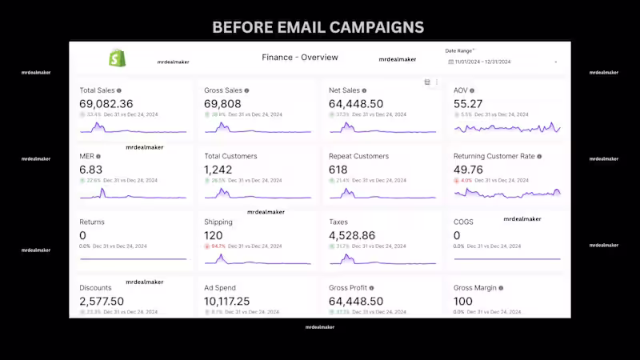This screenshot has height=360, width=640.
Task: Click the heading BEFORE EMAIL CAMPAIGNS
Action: (x=318, y=27)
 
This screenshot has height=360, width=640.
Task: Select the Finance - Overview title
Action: (x=300, y=58)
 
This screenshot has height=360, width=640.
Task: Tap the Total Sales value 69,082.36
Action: (x=106, y=104)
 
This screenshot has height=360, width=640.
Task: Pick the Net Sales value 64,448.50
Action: (x=356, y=104)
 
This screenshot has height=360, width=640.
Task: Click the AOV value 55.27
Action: (x=468, y=104)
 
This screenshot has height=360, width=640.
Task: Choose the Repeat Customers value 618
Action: (x=339, y=170)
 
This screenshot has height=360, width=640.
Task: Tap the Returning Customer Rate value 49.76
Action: (x=468, y=170)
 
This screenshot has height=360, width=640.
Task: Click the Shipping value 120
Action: (x=213, y=235)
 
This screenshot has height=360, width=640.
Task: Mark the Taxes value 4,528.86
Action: (x=352, y=235)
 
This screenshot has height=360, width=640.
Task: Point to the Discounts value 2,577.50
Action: (x=102, y=301)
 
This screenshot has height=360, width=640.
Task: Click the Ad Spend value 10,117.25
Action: (x=227, y=301)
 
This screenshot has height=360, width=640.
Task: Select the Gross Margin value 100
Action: (x=464, y=301)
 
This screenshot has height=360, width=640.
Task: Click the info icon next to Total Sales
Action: (x=119, y=91)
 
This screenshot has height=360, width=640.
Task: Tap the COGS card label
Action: (x=463, y=222)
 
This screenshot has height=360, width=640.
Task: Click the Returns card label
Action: (x=92, y=222)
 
